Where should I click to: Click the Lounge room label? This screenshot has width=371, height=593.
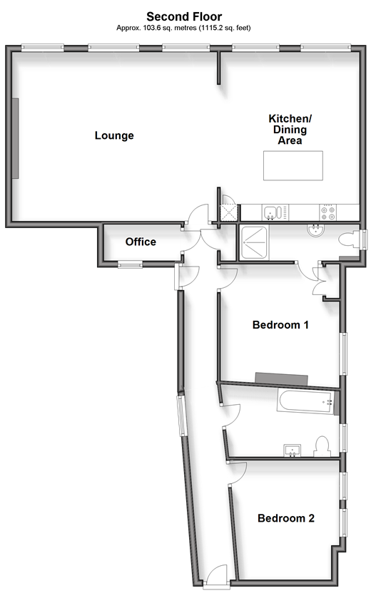point(114,135)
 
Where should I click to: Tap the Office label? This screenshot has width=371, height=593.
point(141,242)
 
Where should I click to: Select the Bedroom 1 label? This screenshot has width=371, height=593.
point(280,324)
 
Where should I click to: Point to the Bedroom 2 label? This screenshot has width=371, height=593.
point(286,517)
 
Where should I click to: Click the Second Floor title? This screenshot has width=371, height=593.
point(184,16)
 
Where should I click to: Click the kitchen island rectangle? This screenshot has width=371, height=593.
point(293,165)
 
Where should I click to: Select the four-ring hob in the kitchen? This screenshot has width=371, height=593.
point(328,212)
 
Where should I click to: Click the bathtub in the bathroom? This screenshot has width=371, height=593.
point(305,402)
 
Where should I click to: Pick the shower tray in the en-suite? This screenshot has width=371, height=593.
point(255,242)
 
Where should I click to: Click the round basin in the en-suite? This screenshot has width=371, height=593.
point(315,230)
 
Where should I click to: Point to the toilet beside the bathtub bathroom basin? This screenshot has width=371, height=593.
point(322,446)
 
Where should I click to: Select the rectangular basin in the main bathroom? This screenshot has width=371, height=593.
point(292,450)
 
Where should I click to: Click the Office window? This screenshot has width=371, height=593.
point(130,264)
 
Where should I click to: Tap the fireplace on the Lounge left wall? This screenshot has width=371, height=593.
point(16,138)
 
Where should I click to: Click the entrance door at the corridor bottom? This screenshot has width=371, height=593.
point(216,577)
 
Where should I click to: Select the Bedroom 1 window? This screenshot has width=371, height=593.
point(343,354)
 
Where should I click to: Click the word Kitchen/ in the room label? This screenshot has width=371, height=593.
point(290,118)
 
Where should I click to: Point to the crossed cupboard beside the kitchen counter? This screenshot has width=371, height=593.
point(228,212)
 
